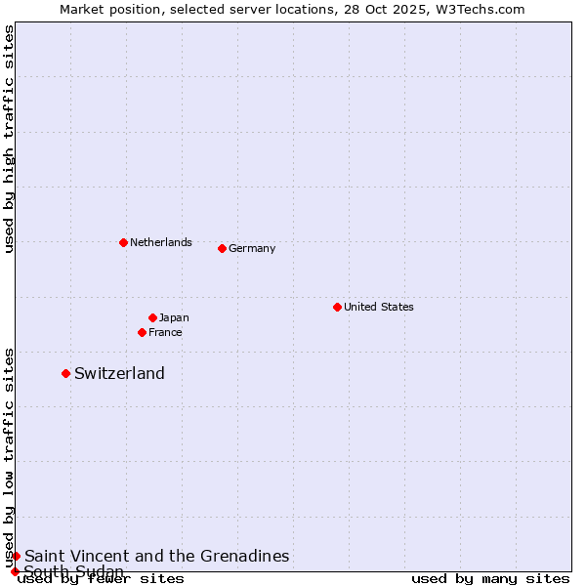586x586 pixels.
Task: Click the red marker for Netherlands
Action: (123, 242)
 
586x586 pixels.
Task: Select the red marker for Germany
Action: (222, 248)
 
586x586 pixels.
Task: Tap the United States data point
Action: (337, 307)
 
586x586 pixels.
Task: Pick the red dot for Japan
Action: (152, 317)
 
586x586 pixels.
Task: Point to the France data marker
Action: (142, 332)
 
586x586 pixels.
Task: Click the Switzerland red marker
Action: (65, 373)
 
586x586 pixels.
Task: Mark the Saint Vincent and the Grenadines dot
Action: (16, 556)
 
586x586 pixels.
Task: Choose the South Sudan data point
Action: (15, 571)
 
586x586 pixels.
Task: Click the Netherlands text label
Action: (161, 242)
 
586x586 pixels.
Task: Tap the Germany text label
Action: (252, 248)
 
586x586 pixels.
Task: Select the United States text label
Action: (379, 307)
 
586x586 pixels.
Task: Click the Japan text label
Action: (174, 317)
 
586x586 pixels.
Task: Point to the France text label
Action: (165, 332)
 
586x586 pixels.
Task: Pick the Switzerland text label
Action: (119, 373)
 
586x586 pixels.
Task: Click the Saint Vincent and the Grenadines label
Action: (156, 556)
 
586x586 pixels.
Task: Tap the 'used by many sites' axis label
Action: (490, 578)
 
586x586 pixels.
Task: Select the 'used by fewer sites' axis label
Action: (102, 578)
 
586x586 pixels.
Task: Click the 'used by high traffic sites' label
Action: (10, 139)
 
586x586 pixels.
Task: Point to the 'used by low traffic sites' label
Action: (10, 457)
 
